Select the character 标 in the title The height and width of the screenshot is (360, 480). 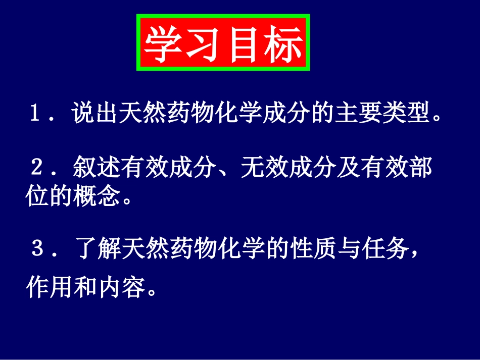pos(283,43)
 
